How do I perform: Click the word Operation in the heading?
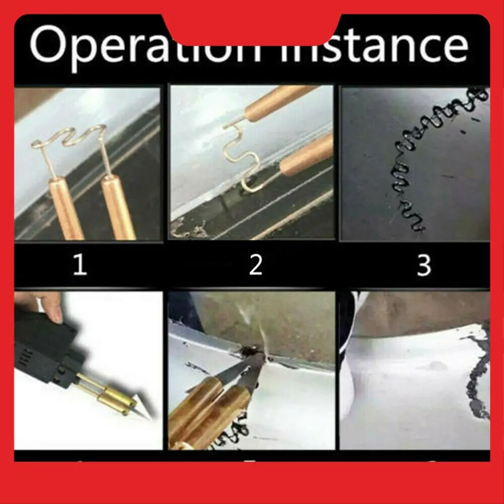pos(146,46)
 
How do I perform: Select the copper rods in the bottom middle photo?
pos(211,408)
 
